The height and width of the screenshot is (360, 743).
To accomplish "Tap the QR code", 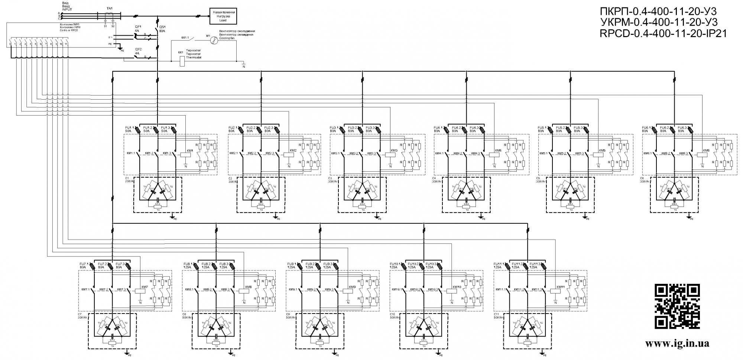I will pos(677,307).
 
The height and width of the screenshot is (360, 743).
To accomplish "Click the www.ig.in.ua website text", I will pos(677,343).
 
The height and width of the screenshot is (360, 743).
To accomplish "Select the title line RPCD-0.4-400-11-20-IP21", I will pos(663,34).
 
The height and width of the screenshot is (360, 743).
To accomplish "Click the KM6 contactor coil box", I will pos(702,155).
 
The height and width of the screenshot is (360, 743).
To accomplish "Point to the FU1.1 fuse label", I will pos(130,128).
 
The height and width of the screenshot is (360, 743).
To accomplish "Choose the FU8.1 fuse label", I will pos(188,264).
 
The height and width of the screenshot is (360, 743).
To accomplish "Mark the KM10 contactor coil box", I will pos(452,292).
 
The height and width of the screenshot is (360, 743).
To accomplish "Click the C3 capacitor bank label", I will pos(330,178).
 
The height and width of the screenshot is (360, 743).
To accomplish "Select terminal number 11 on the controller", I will pos(66,44).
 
